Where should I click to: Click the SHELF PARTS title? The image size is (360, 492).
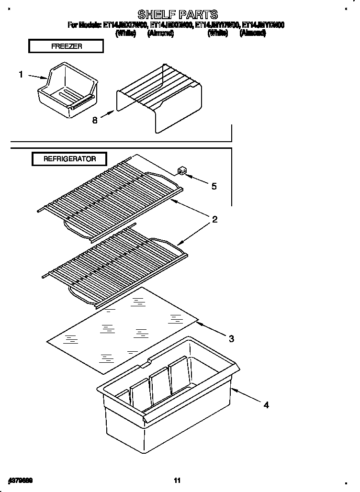(178, 14)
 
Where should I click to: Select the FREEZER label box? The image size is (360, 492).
(66, 46)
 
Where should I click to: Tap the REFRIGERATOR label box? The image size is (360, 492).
(69, 159)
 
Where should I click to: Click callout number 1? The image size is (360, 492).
(21, 74)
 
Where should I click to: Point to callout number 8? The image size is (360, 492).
(94, 121)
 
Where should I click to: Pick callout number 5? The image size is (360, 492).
(214, 186)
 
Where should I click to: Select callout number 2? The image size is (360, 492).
(215, 220)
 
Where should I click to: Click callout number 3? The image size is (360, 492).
(231, 339)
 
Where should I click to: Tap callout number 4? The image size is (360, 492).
(266, 405)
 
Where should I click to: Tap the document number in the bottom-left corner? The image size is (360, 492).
(20, 479)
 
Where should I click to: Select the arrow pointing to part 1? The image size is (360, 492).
(37, 76)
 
